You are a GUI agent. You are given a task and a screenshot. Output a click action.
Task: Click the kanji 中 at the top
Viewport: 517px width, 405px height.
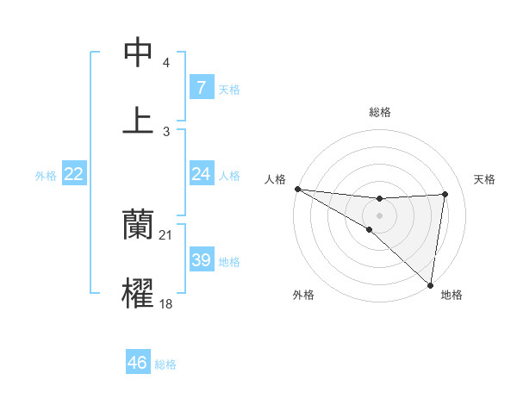coord(139,53)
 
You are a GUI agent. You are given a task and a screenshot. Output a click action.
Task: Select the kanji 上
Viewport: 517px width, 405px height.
coord(139,120)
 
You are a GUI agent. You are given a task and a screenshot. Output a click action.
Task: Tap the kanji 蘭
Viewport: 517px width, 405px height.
coord(139,224)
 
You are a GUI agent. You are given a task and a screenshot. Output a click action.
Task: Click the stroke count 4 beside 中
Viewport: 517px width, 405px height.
coord(166,63)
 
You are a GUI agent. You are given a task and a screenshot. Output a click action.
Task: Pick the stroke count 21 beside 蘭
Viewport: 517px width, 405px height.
coord(166,234)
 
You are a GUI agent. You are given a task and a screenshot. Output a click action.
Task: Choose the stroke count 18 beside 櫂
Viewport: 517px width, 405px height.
coord(166,303)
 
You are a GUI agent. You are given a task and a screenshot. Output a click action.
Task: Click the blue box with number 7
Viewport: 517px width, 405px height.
coord(201,88)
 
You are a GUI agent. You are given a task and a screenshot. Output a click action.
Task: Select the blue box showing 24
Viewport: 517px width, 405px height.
coord(201,174)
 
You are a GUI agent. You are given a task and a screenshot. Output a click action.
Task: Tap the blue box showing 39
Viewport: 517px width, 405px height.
coord(201,260)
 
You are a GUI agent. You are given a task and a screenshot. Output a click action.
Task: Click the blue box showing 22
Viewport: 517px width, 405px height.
coord(74,174)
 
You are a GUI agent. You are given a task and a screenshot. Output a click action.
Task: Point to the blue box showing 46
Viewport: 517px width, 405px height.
coord(138,363)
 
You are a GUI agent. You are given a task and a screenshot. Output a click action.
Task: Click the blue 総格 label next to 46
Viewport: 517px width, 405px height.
coord(165,364)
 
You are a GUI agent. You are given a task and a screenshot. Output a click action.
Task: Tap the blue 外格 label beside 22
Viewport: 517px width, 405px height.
coord(46,176)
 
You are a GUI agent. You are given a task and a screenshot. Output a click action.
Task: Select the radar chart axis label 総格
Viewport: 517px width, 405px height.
coord(380,112)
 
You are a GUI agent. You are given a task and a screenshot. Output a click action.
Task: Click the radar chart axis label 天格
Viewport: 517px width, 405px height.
coord(484,179)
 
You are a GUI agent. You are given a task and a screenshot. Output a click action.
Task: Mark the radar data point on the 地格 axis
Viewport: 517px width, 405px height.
coord(431,284)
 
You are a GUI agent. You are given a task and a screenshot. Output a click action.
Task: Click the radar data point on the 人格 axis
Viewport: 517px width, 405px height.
coord(297,189)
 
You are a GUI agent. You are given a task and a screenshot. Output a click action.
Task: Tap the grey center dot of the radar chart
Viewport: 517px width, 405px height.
coord(379,215)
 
